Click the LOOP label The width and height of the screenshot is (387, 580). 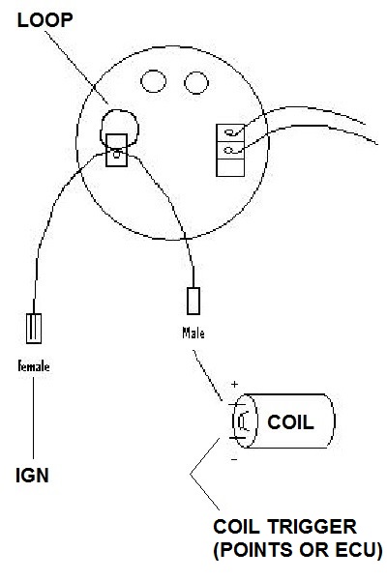click(x=45, y=20)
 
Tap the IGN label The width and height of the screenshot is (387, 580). click(x=32, y=476)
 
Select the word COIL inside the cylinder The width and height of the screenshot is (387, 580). click(x=290, y=422)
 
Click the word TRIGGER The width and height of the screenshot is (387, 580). click(x=311, y=527)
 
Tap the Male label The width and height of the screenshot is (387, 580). click(x=193, y=333)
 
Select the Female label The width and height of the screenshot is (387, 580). click(x=34, y=366)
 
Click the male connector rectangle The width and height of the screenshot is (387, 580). click(x=193, y=301)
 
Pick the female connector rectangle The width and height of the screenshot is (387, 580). click(x=34, y=329)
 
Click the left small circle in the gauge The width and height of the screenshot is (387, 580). click(x=153, y=81)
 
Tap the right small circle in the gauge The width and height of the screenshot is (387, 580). click(x=196, y=83)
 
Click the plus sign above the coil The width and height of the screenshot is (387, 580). click(x=234, y=385)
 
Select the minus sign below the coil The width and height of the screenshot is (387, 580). click(x=234, y=460)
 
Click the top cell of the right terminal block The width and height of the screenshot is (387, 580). click(x=230, y=132)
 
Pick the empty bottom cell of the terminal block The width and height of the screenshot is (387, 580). click(x=230, y=167)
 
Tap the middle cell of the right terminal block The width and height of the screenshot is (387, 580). click(x=230, y=150)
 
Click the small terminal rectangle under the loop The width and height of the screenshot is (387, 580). click(x=116, y=150)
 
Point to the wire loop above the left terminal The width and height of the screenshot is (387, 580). click(x=119, y=110)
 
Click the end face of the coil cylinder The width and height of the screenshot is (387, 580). click(x=245, y=420)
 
